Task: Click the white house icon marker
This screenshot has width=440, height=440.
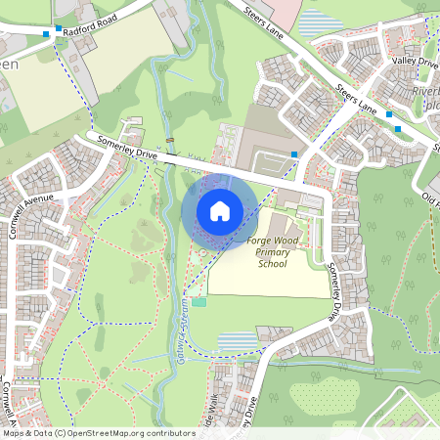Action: point(219,210)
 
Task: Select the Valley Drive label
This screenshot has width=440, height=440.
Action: point(415,62)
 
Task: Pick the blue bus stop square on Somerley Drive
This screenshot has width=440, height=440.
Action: point(294,154)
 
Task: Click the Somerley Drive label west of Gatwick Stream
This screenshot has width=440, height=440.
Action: point(127,149)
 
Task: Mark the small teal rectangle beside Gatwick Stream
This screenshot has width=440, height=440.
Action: point(199,302)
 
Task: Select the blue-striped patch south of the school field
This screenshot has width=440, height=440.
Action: point(235,340)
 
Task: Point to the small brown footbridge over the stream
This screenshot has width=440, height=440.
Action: point(170,142)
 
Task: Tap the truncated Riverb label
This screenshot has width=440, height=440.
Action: point(426,92)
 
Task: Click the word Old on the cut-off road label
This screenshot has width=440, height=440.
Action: point(429,195)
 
